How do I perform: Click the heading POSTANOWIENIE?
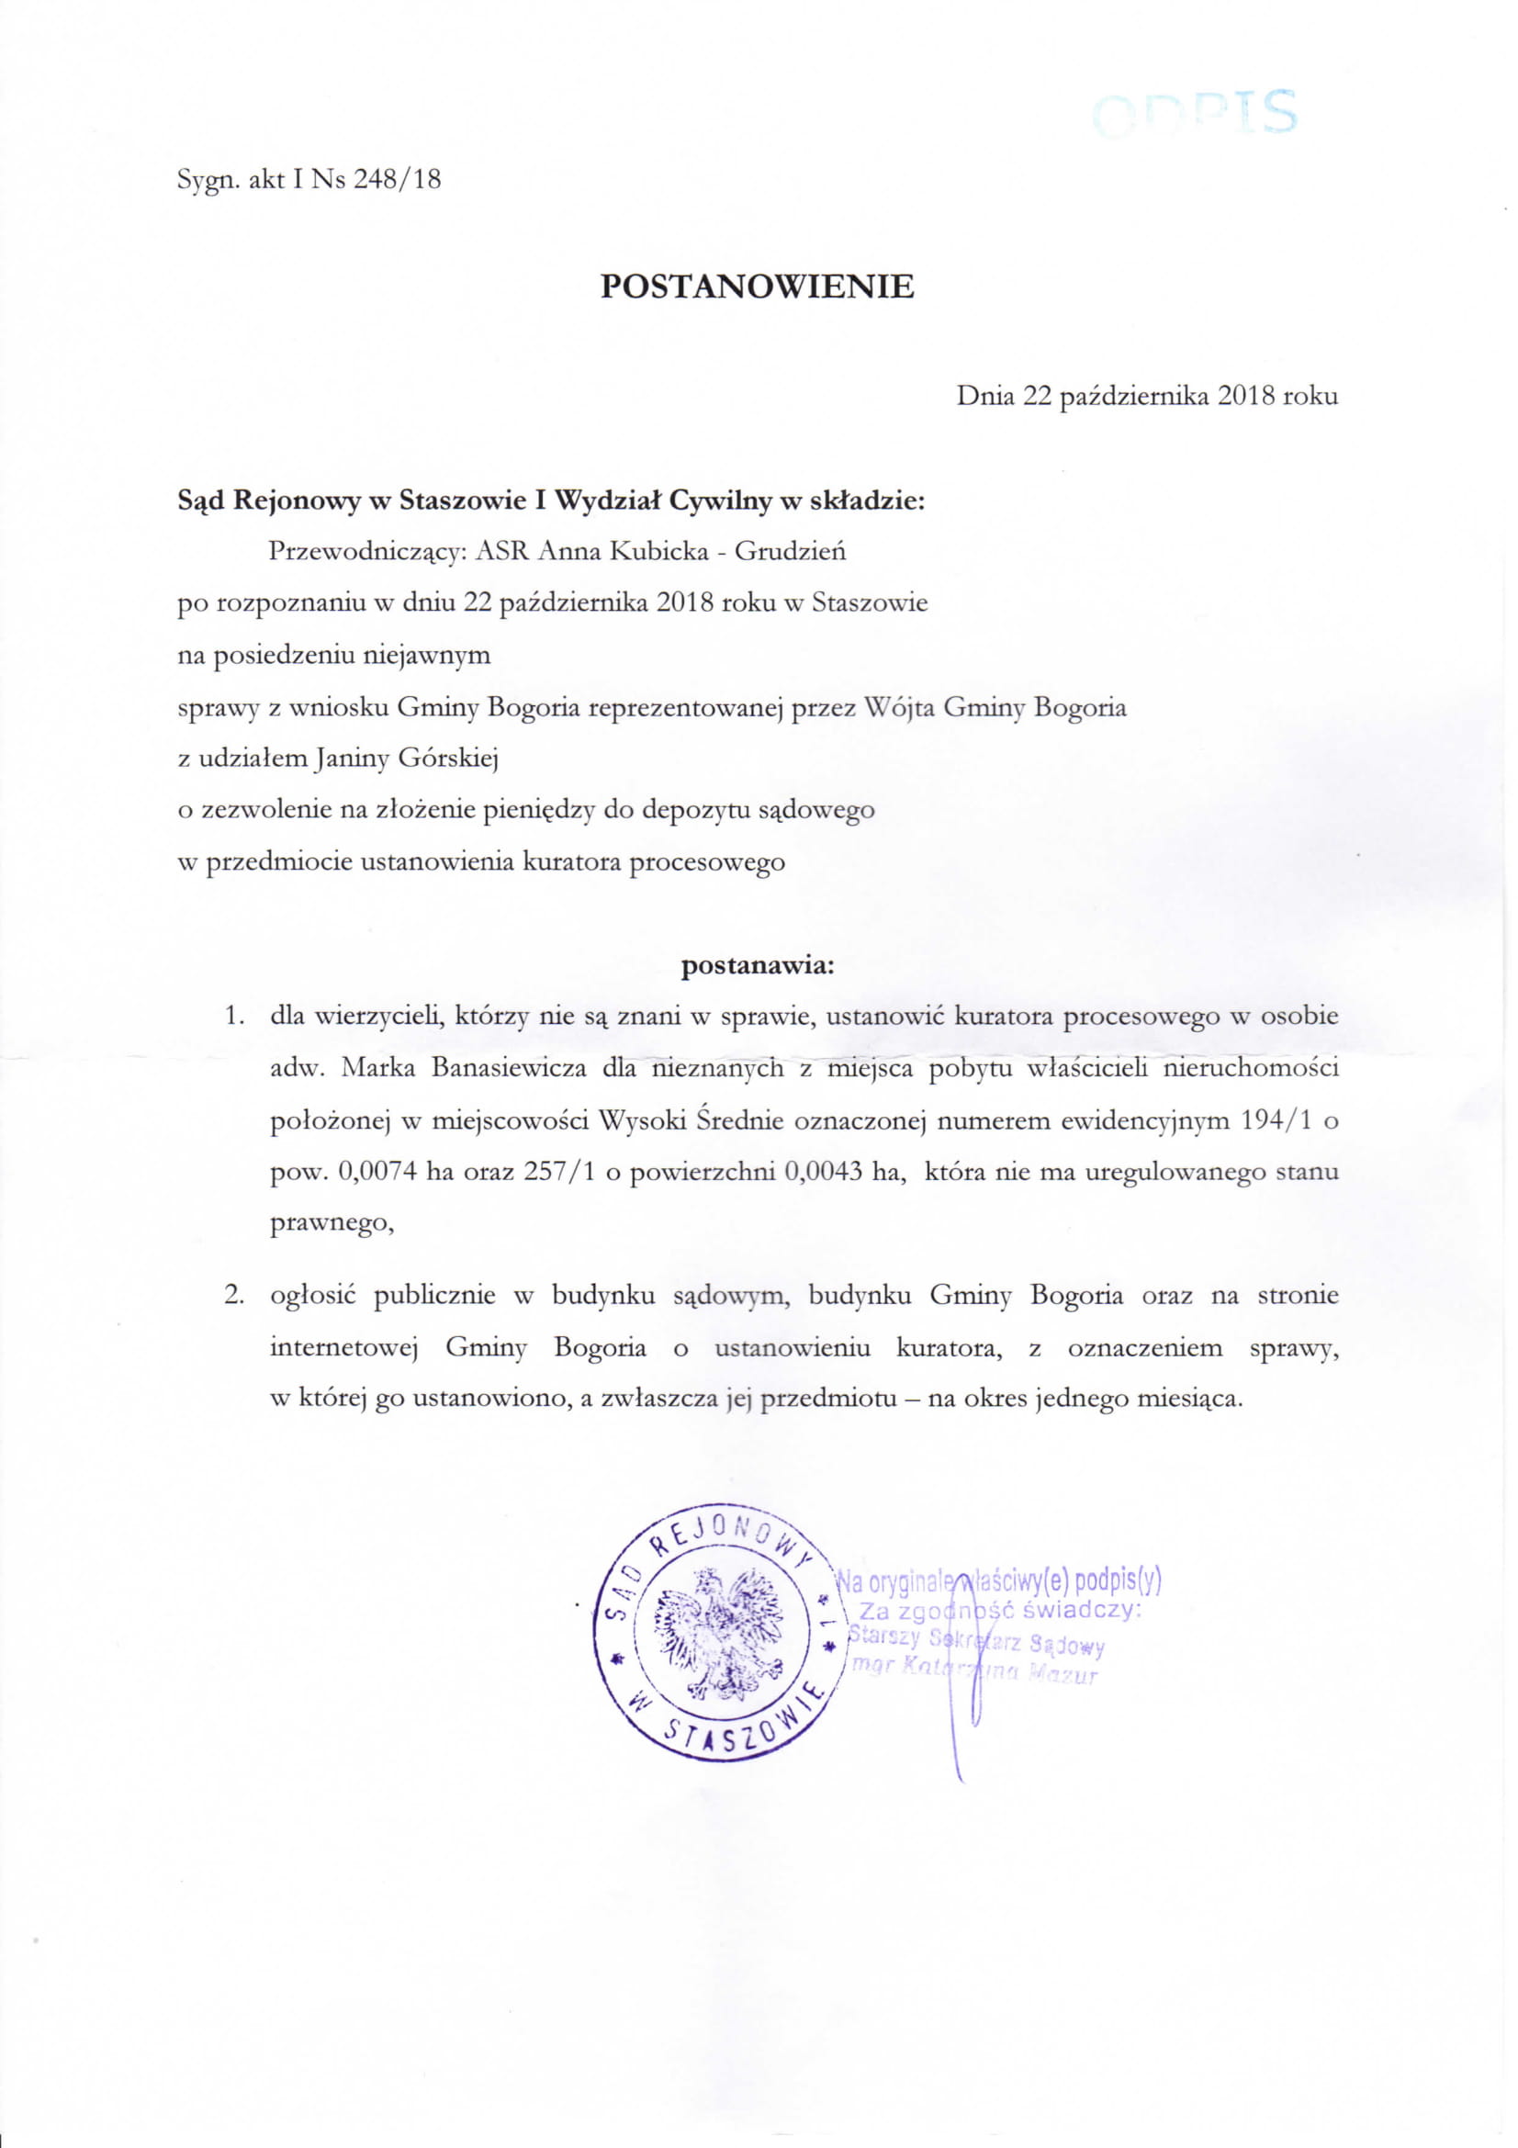click(x=757, y=287)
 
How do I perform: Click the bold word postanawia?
click(x=757, y=964)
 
